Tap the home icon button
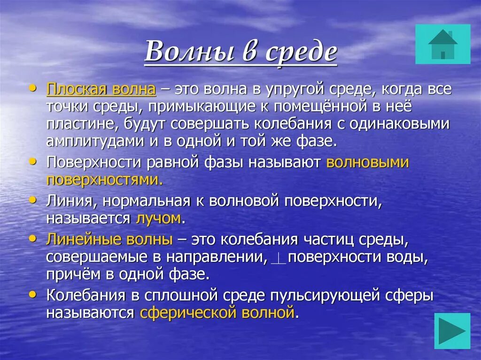click(442, 44)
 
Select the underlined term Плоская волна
click(101, 89)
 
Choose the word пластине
click(82, 124)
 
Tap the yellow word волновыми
click(367, 162)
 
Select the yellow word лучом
click(158, 218)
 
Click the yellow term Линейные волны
click(109, 239)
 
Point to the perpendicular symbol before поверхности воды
click(280, 258)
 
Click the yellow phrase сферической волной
click(217, 313)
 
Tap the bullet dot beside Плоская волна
click(32, 87)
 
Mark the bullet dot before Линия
click(32, 199)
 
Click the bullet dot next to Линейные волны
click(32, 238)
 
